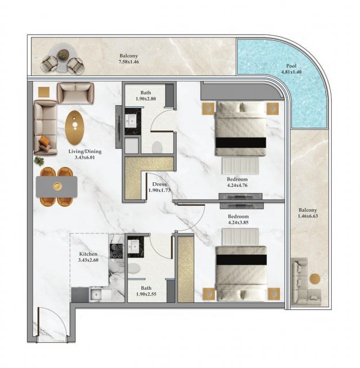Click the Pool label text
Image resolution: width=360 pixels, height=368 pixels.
point(291,66)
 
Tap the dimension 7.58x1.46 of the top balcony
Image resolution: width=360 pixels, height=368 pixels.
point(129,62)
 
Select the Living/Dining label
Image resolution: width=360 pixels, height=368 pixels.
point(85,152)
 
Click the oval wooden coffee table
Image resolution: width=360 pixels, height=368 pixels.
point(75,128)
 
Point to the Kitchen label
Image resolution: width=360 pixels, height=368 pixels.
point(88,254)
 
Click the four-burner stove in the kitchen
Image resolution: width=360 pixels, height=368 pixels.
point(116,251)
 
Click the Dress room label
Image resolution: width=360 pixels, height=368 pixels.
point(159,184)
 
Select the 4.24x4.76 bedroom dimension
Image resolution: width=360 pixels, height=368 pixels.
point(237,185)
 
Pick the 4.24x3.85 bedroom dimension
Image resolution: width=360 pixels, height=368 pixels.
point(238,223)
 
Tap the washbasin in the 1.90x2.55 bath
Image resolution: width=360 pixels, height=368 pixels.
point(133,247)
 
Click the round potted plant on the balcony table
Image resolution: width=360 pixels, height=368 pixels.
point(63,55)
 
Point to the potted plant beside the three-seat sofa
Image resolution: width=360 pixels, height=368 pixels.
point(39,161)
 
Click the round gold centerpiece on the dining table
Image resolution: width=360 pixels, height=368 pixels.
point(57,186)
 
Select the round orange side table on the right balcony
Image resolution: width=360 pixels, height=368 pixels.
point(315,278)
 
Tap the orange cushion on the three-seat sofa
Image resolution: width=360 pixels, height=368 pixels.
point(44,141)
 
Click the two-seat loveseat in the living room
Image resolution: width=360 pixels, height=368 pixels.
point(75,93)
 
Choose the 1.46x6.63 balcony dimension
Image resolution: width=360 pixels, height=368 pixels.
point(308,216)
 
